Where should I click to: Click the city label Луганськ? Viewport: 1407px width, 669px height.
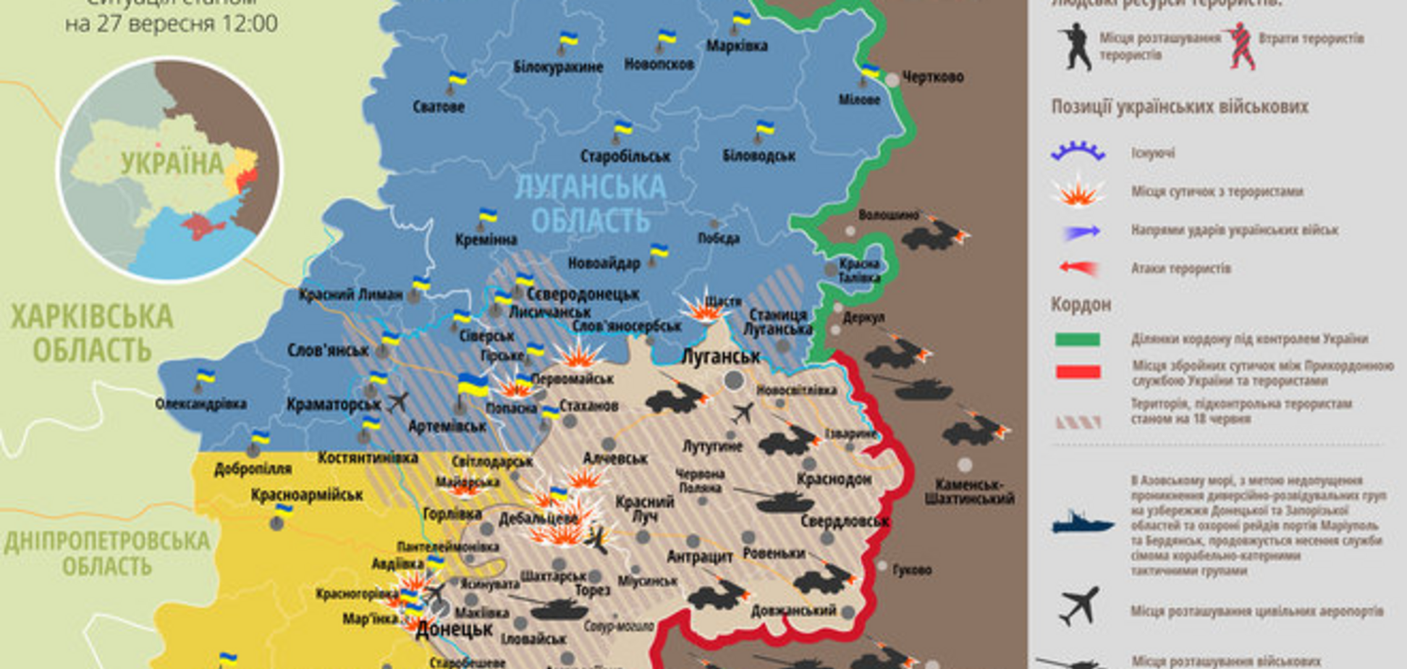tap(721, 357)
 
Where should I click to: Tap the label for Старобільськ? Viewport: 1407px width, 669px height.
tap(625, 156)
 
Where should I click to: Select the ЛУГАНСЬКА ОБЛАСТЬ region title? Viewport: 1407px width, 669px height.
tap(591, 203)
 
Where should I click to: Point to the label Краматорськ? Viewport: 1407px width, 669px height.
tap(334, 405)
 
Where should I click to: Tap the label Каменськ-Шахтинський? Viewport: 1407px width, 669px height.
tap(969, 492)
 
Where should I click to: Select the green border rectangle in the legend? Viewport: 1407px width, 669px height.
tap(1077, 340)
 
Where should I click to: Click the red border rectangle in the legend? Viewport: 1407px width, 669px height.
tap(1077, 372)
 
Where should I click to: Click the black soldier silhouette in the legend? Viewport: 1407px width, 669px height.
tap(1076, 47)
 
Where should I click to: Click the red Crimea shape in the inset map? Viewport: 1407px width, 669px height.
tap(200, 227)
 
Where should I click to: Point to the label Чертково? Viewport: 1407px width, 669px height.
tap(932, 77)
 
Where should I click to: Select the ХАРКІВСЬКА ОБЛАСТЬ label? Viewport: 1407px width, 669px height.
tap(92, 334)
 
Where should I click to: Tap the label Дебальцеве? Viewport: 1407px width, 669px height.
tap(538, 518)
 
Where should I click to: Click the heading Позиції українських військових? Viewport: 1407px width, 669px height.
tap(1179, 107)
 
